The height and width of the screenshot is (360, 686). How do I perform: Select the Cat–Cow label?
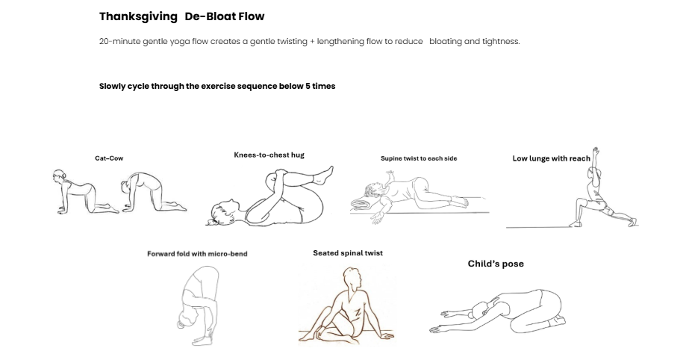point(109,158)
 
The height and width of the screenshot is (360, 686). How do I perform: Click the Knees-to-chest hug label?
point(269,155)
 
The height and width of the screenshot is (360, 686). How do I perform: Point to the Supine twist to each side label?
point(419,158)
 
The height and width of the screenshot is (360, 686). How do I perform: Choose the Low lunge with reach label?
point(551,158)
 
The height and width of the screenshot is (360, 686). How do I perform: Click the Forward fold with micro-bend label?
point(197,254)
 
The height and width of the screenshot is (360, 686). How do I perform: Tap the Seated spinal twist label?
point(348,253)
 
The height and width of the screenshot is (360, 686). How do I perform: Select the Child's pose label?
point(496,264)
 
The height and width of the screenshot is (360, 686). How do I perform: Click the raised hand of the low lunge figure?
point(596,152)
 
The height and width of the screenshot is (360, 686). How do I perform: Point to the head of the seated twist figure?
point(356,278)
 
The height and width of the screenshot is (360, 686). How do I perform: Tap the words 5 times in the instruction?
point(320,86)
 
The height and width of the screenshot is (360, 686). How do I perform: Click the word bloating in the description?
point(446,42)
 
